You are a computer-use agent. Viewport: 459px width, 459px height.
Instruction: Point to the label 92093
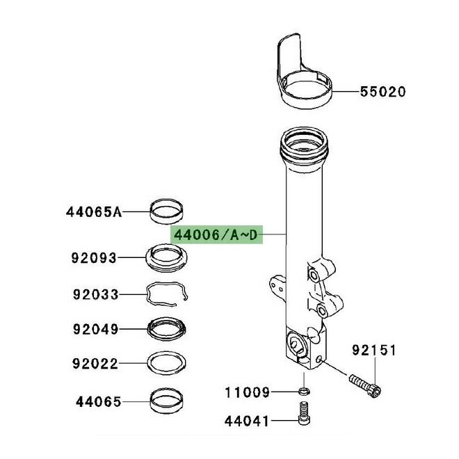coord(95,257)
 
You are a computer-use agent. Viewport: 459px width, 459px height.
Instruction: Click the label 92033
coord(95,294)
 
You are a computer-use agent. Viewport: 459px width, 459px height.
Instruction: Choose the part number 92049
coord(95,328)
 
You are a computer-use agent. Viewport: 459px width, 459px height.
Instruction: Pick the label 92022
coord(95,363)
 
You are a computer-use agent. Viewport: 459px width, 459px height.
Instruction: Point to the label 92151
coord(373,350)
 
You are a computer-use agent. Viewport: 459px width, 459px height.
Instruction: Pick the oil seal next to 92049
coord(168,327)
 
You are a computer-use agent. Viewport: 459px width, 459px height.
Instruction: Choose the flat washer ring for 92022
coord(168,363)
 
